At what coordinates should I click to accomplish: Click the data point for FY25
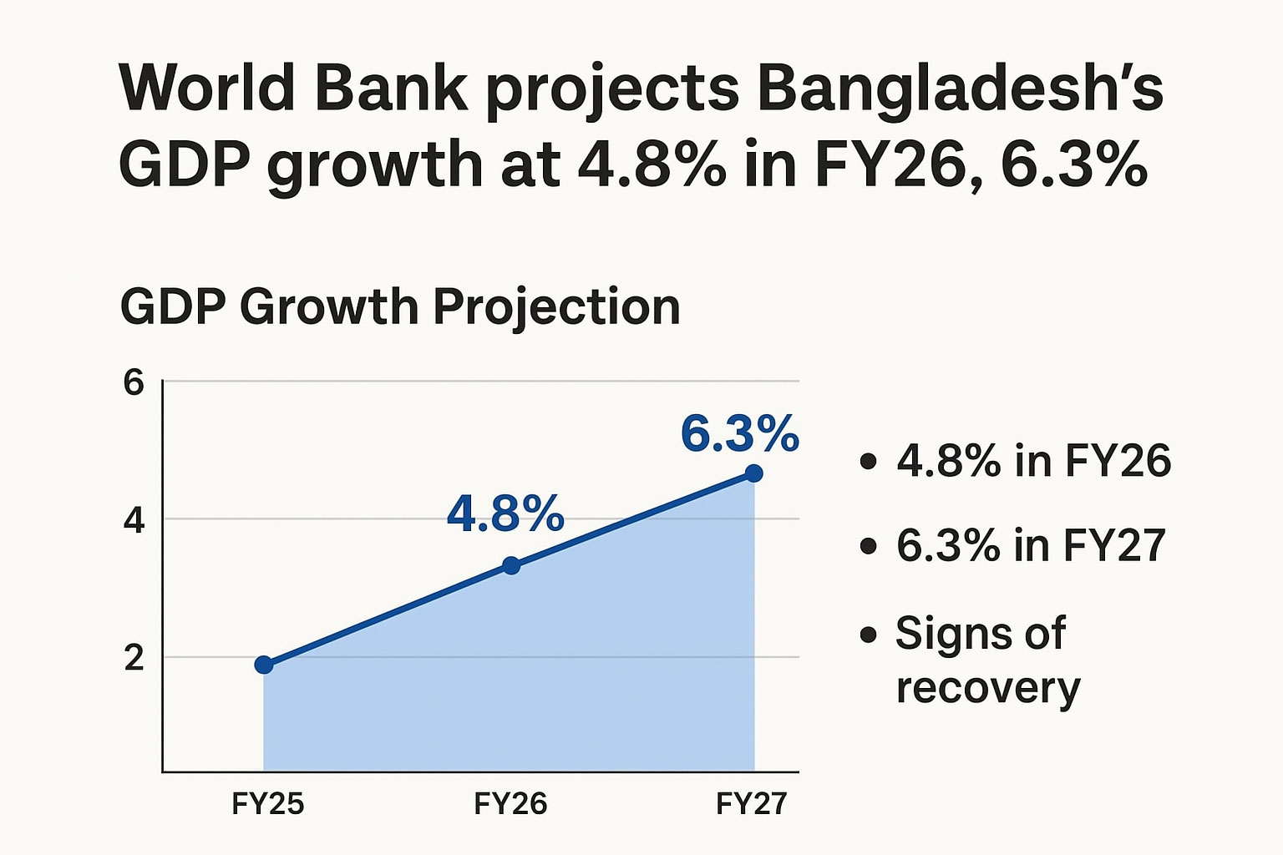[x=264, y=665]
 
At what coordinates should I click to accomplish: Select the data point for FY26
[x=511, y=565]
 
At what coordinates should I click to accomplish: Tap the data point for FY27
[x=753, y=473]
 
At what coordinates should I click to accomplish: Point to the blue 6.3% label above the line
[x=739, y=433]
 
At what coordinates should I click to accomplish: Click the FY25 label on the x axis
[x=267, y=803]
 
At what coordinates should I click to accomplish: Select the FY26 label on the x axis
[x=510, y=803]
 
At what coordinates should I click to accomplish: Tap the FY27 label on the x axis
[x=752, y=803]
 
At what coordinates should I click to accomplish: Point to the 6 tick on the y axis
[x=134, y=382]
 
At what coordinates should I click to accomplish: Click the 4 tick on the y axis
[x=134, y=520]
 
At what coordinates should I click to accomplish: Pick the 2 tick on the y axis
[x=134, y=658]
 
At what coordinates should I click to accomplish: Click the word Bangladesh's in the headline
[x=960, y=88]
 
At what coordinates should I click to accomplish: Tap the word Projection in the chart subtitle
[x=556, y=307]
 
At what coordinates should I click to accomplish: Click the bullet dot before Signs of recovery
[x=869, y=635]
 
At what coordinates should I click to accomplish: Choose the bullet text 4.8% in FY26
[x=1033, y=461]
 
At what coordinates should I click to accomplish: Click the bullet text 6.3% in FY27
[x=1031, y=545]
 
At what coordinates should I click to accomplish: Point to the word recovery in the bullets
[x=988, y=689]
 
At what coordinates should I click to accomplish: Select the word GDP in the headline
[x=185, y=164]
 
